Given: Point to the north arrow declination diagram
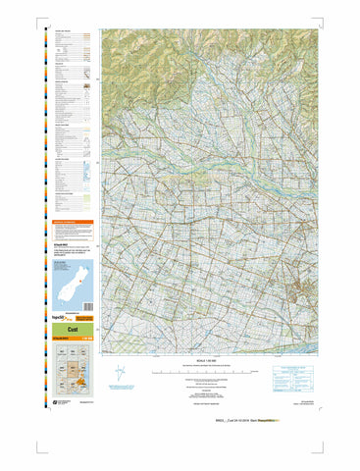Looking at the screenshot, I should pyautogui.click(x=121, y=372).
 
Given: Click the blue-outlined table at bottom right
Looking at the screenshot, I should pyautogui.click(x=291, y=373).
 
